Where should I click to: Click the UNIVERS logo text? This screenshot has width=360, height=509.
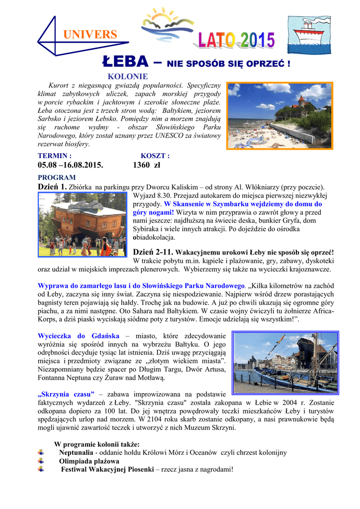90,35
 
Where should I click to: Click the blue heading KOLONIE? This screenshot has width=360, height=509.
128,77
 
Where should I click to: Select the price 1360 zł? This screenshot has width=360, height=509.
147,165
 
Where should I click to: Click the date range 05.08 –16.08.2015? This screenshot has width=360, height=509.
74,165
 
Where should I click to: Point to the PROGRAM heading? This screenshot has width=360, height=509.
57,177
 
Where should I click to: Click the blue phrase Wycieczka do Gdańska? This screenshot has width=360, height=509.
77,336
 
